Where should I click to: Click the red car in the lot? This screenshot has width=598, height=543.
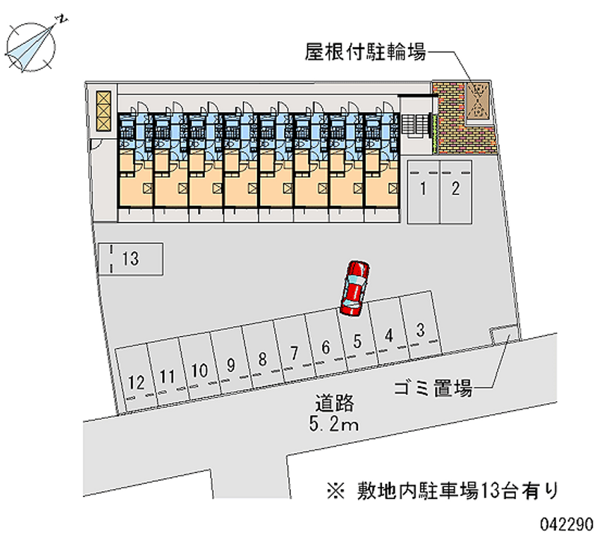click(x=354, y=288)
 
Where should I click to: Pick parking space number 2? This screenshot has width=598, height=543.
click(x=455, y=190)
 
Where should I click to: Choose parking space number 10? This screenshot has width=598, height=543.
click(x=199, y=368)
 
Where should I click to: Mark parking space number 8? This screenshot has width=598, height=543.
click(x=262, y=358)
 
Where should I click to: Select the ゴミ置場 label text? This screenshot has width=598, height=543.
click(x=433, y=388)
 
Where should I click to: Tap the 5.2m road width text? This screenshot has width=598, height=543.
click(x=333, y=426)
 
